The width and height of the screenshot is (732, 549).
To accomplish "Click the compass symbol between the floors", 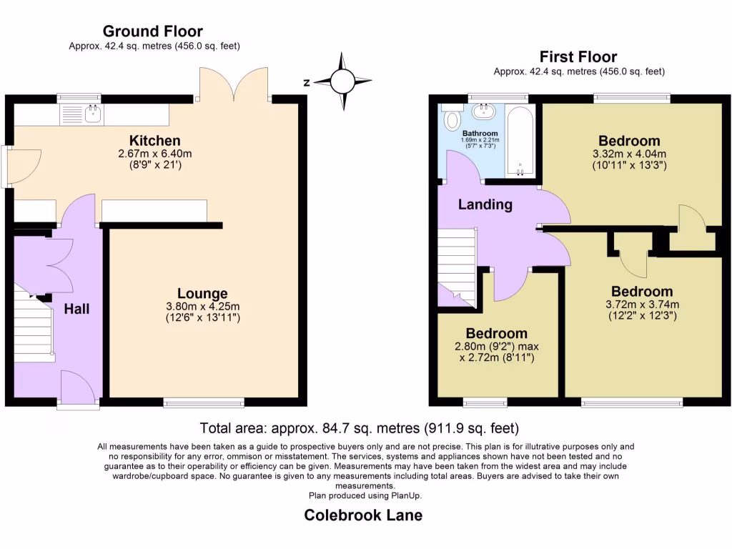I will (x=342, y=81).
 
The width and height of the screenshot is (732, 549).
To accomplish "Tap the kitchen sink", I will (x=82, y=114).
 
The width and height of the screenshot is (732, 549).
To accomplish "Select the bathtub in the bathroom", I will (x=519, y=141).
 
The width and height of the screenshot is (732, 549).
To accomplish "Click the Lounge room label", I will (x=203, y=293).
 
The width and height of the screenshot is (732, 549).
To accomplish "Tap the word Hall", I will (x=76, y=309).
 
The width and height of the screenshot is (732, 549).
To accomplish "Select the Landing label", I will (x=485, y=204).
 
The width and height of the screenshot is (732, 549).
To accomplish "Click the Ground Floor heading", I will (x=152, y=31).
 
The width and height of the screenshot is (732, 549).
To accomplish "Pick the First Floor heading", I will (x=578, y=57).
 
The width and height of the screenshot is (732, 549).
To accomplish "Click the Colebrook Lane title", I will (x=363, y=515).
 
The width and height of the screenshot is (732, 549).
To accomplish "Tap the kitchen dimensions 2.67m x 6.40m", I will (x=154, y=154).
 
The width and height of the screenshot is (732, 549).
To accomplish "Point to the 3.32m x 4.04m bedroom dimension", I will (x=629, y=154).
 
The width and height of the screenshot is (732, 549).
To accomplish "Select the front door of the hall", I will (x=78, y=389).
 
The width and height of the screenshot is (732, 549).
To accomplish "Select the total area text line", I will (x=359, y=429).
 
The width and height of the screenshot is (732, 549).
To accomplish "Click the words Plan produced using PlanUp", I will (x=365, y=495).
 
